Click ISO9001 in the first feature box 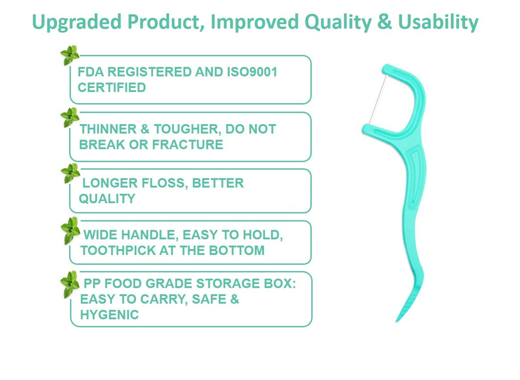pos(252,72)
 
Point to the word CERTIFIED pos(112,88)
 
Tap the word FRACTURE pos(188,145)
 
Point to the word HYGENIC pos(109,314)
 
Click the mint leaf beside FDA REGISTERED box pos(70,55)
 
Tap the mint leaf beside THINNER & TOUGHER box pos(70,117)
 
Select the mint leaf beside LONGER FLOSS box pos(70,173)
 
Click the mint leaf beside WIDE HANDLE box pos(70,230)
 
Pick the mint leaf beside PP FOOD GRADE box pos(70,284)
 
